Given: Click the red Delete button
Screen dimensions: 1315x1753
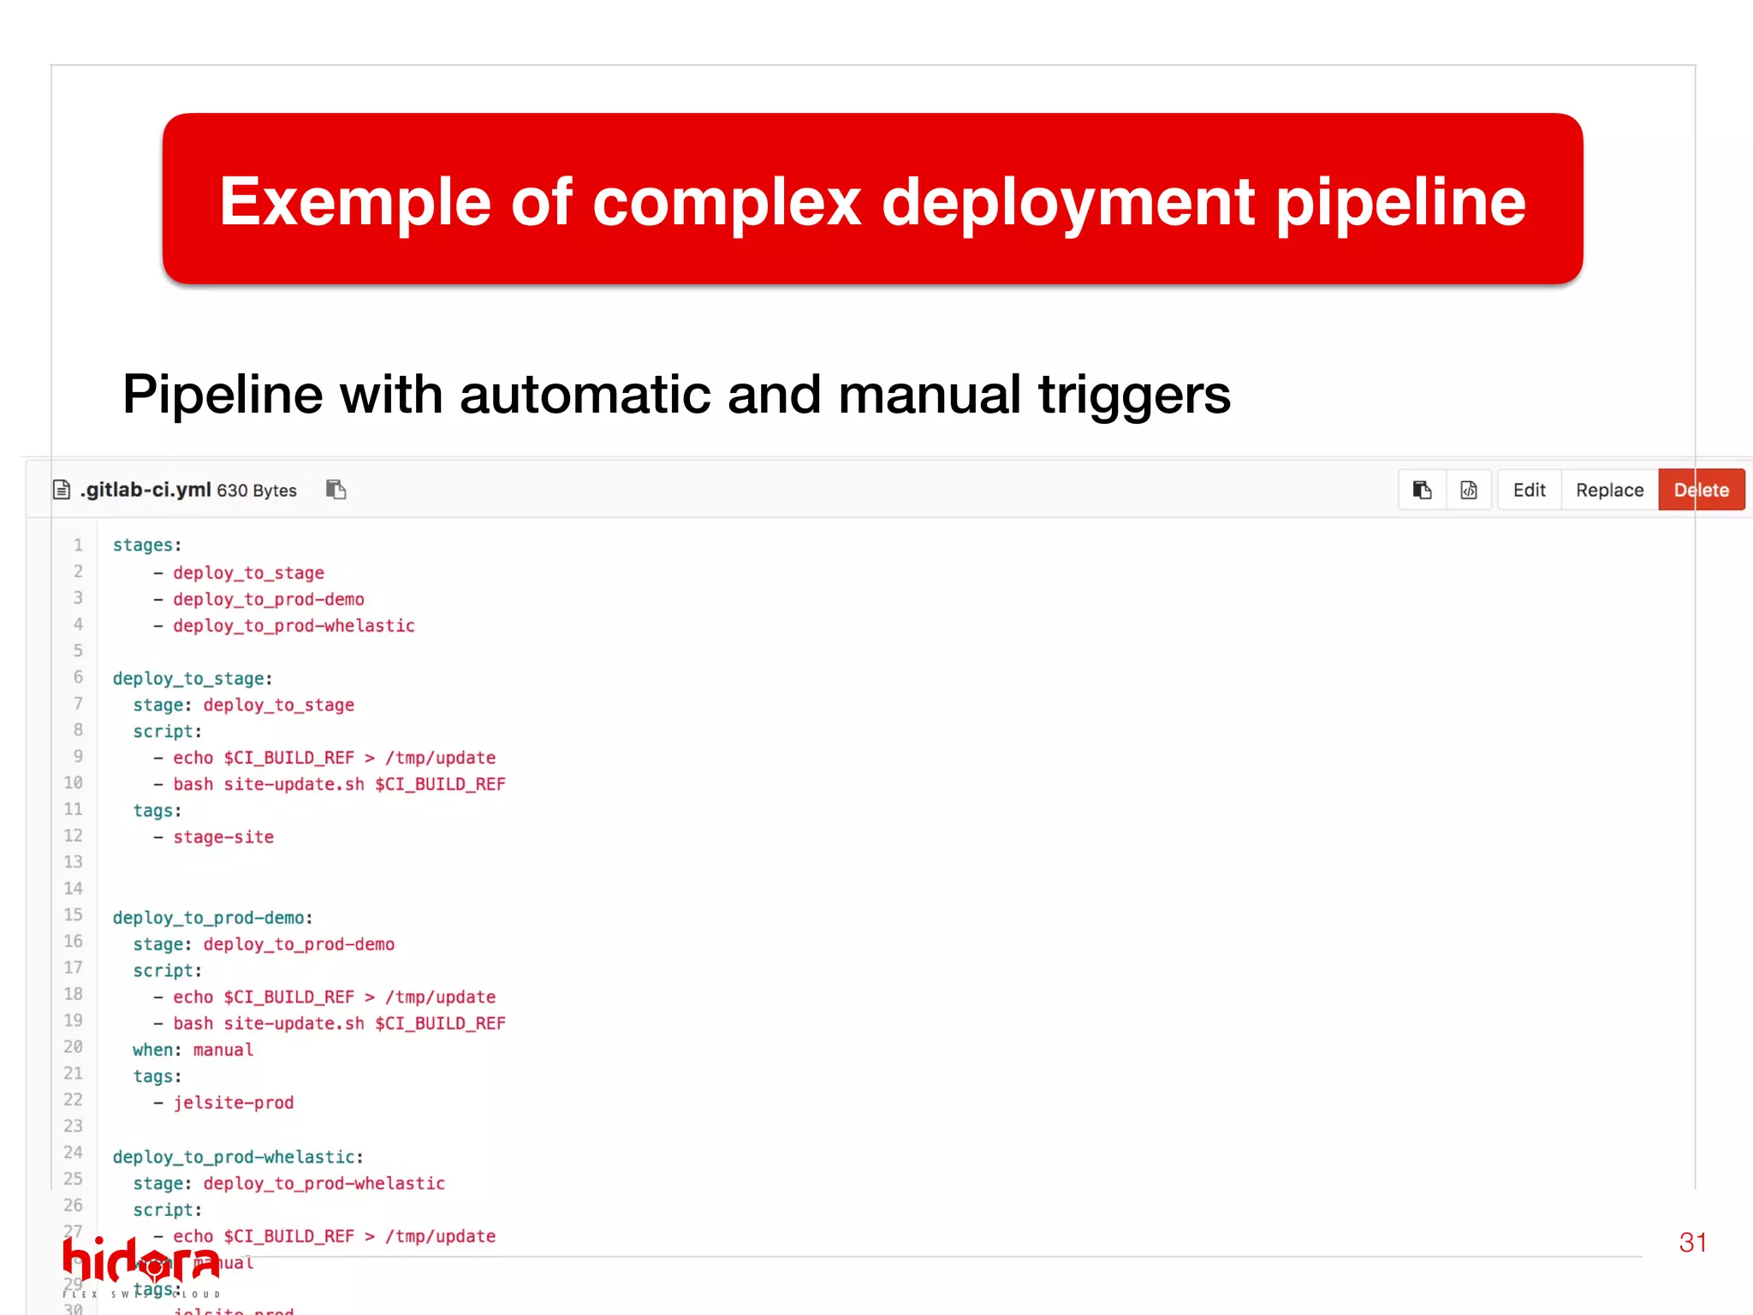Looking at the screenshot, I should (1701, 490).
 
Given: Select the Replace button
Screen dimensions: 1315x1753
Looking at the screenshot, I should (1609, 490).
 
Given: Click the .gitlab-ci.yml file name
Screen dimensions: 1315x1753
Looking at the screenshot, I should (146, 490).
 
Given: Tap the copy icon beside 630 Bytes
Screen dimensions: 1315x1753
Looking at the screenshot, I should (336, 490).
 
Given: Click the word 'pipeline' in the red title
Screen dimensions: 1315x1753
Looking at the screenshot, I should (1400, 202).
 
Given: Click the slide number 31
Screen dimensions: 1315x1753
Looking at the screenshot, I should (1692, 1242).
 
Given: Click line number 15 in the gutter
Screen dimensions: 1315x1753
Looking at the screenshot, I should (74, 915).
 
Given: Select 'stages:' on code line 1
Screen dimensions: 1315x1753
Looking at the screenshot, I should (147, 545).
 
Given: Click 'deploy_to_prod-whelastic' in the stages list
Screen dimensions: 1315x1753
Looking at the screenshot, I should (294, 626).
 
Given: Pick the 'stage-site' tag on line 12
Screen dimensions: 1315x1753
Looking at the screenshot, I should (223, 837).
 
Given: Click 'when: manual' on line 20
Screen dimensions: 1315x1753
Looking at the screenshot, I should (193, 1050).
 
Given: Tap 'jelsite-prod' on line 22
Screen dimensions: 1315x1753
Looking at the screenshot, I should (234, 1103).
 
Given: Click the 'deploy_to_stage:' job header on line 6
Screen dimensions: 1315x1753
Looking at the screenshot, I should (193, 679).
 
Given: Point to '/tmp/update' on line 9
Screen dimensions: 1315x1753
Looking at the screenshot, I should (440, 758).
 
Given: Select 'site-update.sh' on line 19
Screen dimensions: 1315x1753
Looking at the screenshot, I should (294, 1024).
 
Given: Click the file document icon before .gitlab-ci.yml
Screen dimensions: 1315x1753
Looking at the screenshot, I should (62, 490).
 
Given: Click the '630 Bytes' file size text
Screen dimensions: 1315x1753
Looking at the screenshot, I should (257, 491).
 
